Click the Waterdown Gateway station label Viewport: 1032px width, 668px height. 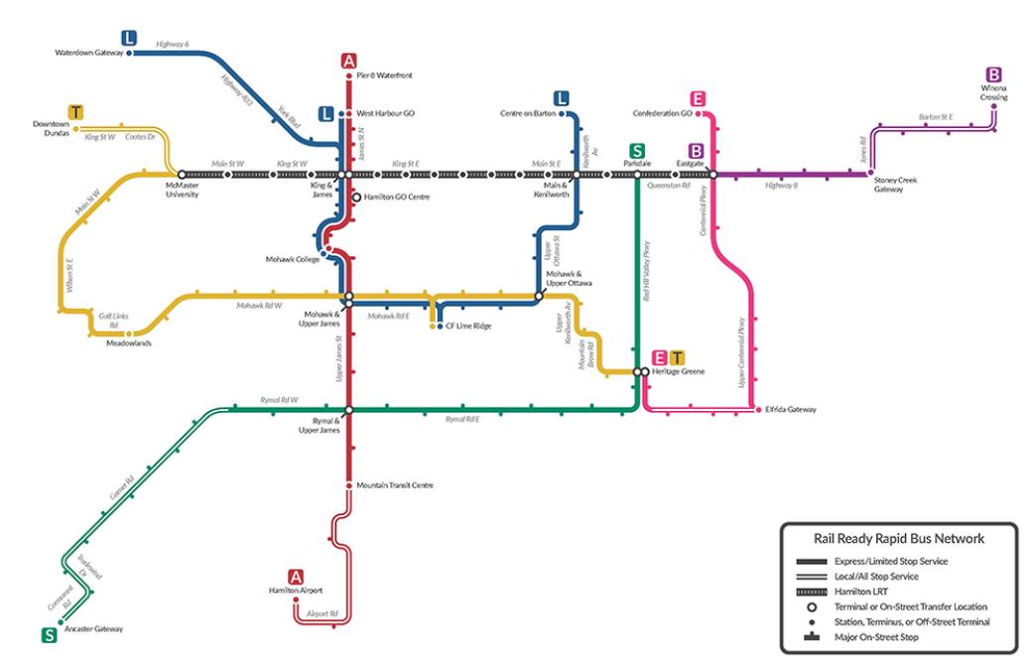click(88, 53)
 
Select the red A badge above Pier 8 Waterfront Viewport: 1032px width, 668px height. click(348, 61)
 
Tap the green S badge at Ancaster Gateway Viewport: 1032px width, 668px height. click(48, 635)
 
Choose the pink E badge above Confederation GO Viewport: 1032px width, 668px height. click(699, 98)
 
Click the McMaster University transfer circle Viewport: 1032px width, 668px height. click(182, 175)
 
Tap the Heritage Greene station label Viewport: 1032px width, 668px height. click(677, 371)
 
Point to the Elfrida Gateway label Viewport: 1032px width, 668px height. click(790, 409)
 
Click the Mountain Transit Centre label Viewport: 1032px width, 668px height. click(396, 485)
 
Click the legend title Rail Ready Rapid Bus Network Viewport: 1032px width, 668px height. click(896, 540)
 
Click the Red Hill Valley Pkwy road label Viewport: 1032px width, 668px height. click(645, 268)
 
